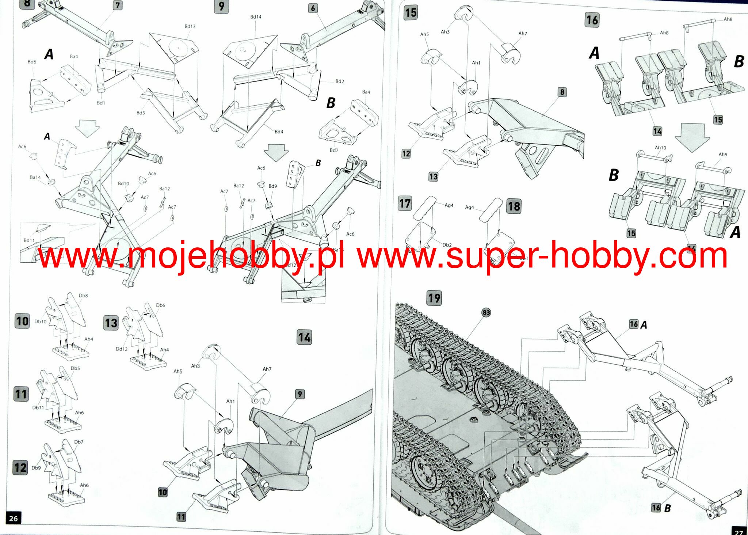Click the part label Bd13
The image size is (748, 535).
coord(190,26)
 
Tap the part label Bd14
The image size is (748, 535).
coord(256,17)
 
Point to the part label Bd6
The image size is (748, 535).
coord(32,62)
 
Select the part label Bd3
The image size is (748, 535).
coord(141,113)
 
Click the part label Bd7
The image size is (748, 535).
coord(334,150)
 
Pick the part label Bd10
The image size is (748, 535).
coord(123,183)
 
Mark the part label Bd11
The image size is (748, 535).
coord(29,240)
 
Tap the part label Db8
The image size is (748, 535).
coord(83,296)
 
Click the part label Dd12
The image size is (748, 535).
coord(122,349)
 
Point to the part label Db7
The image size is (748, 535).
coord(79,442)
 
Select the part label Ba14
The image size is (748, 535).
coord(35,177)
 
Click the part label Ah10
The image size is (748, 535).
coord(660,148)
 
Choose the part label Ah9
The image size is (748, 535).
coord(723,154)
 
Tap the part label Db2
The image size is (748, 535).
coord(447,245)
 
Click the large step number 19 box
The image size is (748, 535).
coord(434,298)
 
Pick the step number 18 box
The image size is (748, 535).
coord(514,206)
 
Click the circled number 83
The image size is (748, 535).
coord(486,312)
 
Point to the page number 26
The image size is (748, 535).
coord(13,518)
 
